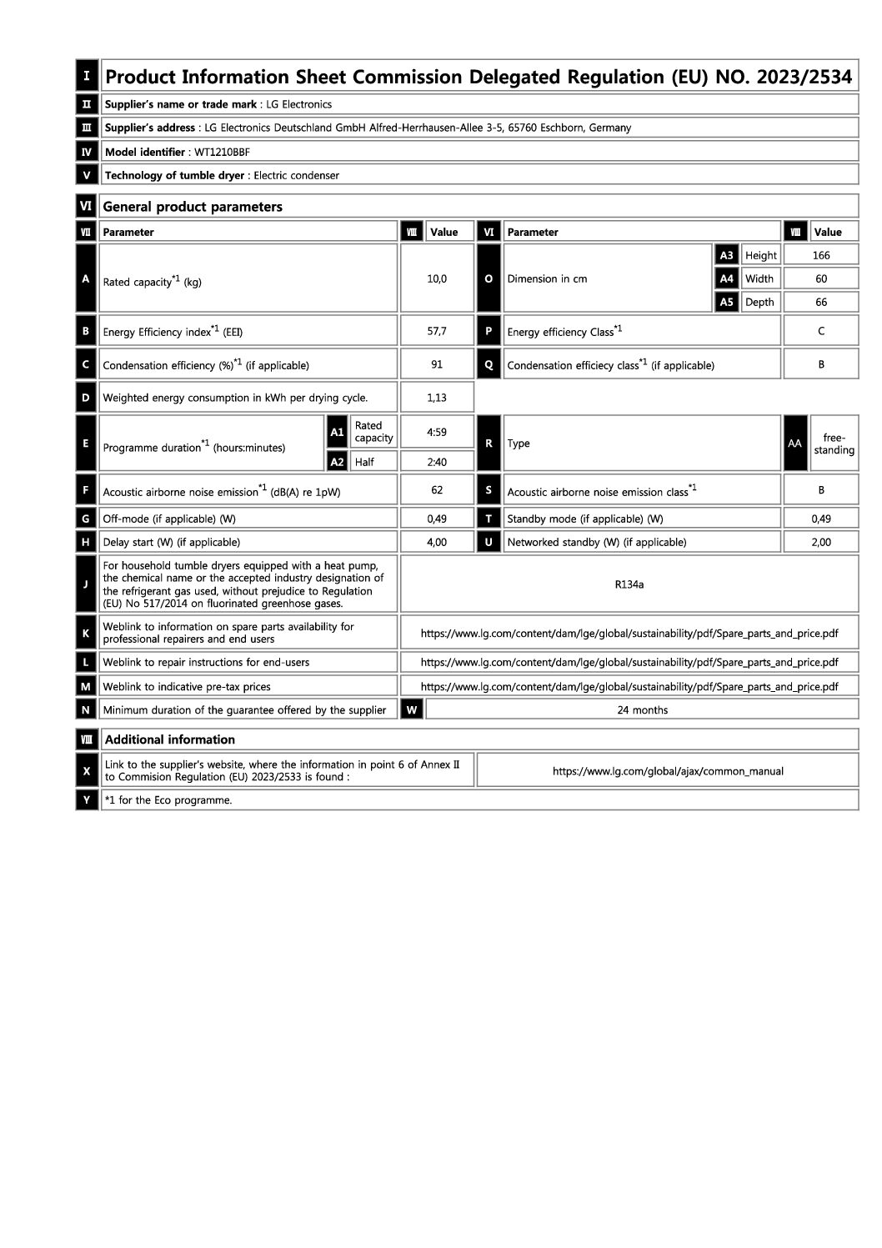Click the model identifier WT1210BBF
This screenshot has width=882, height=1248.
pos(222,152)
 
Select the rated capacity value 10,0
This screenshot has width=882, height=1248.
pos(437,278)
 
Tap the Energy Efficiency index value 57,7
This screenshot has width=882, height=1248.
pos(437,331)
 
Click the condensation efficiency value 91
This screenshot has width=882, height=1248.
pos(437,364)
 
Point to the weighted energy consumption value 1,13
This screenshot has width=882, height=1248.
pos(437,398)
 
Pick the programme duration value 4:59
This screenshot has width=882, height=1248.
pos(437,432)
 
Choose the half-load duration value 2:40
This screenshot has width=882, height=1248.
pos(437,462)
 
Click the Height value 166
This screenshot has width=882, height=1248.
pos(821,255)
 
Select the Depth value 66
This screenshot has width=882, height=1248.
pos(821,302)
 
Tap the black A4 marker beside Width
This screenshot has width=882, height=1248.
pos(727,278)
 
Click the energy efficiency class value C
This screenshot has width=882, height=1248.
pos(821,331)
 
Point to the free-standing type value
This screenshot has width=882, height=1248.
pos(834,444)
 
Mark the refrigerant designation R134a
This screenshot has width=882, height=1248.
pos(629,584)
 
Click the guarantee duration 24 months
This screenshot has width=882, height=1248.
pos(642,710)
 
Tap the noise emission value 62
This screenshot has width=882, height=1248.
pos(437,490)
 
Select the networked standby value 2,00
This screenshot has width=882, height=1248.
pos(821,542)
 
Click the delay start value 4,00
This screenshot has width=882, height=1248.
pos(437,542)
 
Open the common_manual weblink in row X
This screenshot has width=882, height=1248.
pos(668,771)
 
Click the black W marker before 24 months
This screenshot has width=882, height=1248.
pos(412,709)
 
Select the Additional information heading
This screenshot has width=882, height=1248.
pos(170,739)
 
